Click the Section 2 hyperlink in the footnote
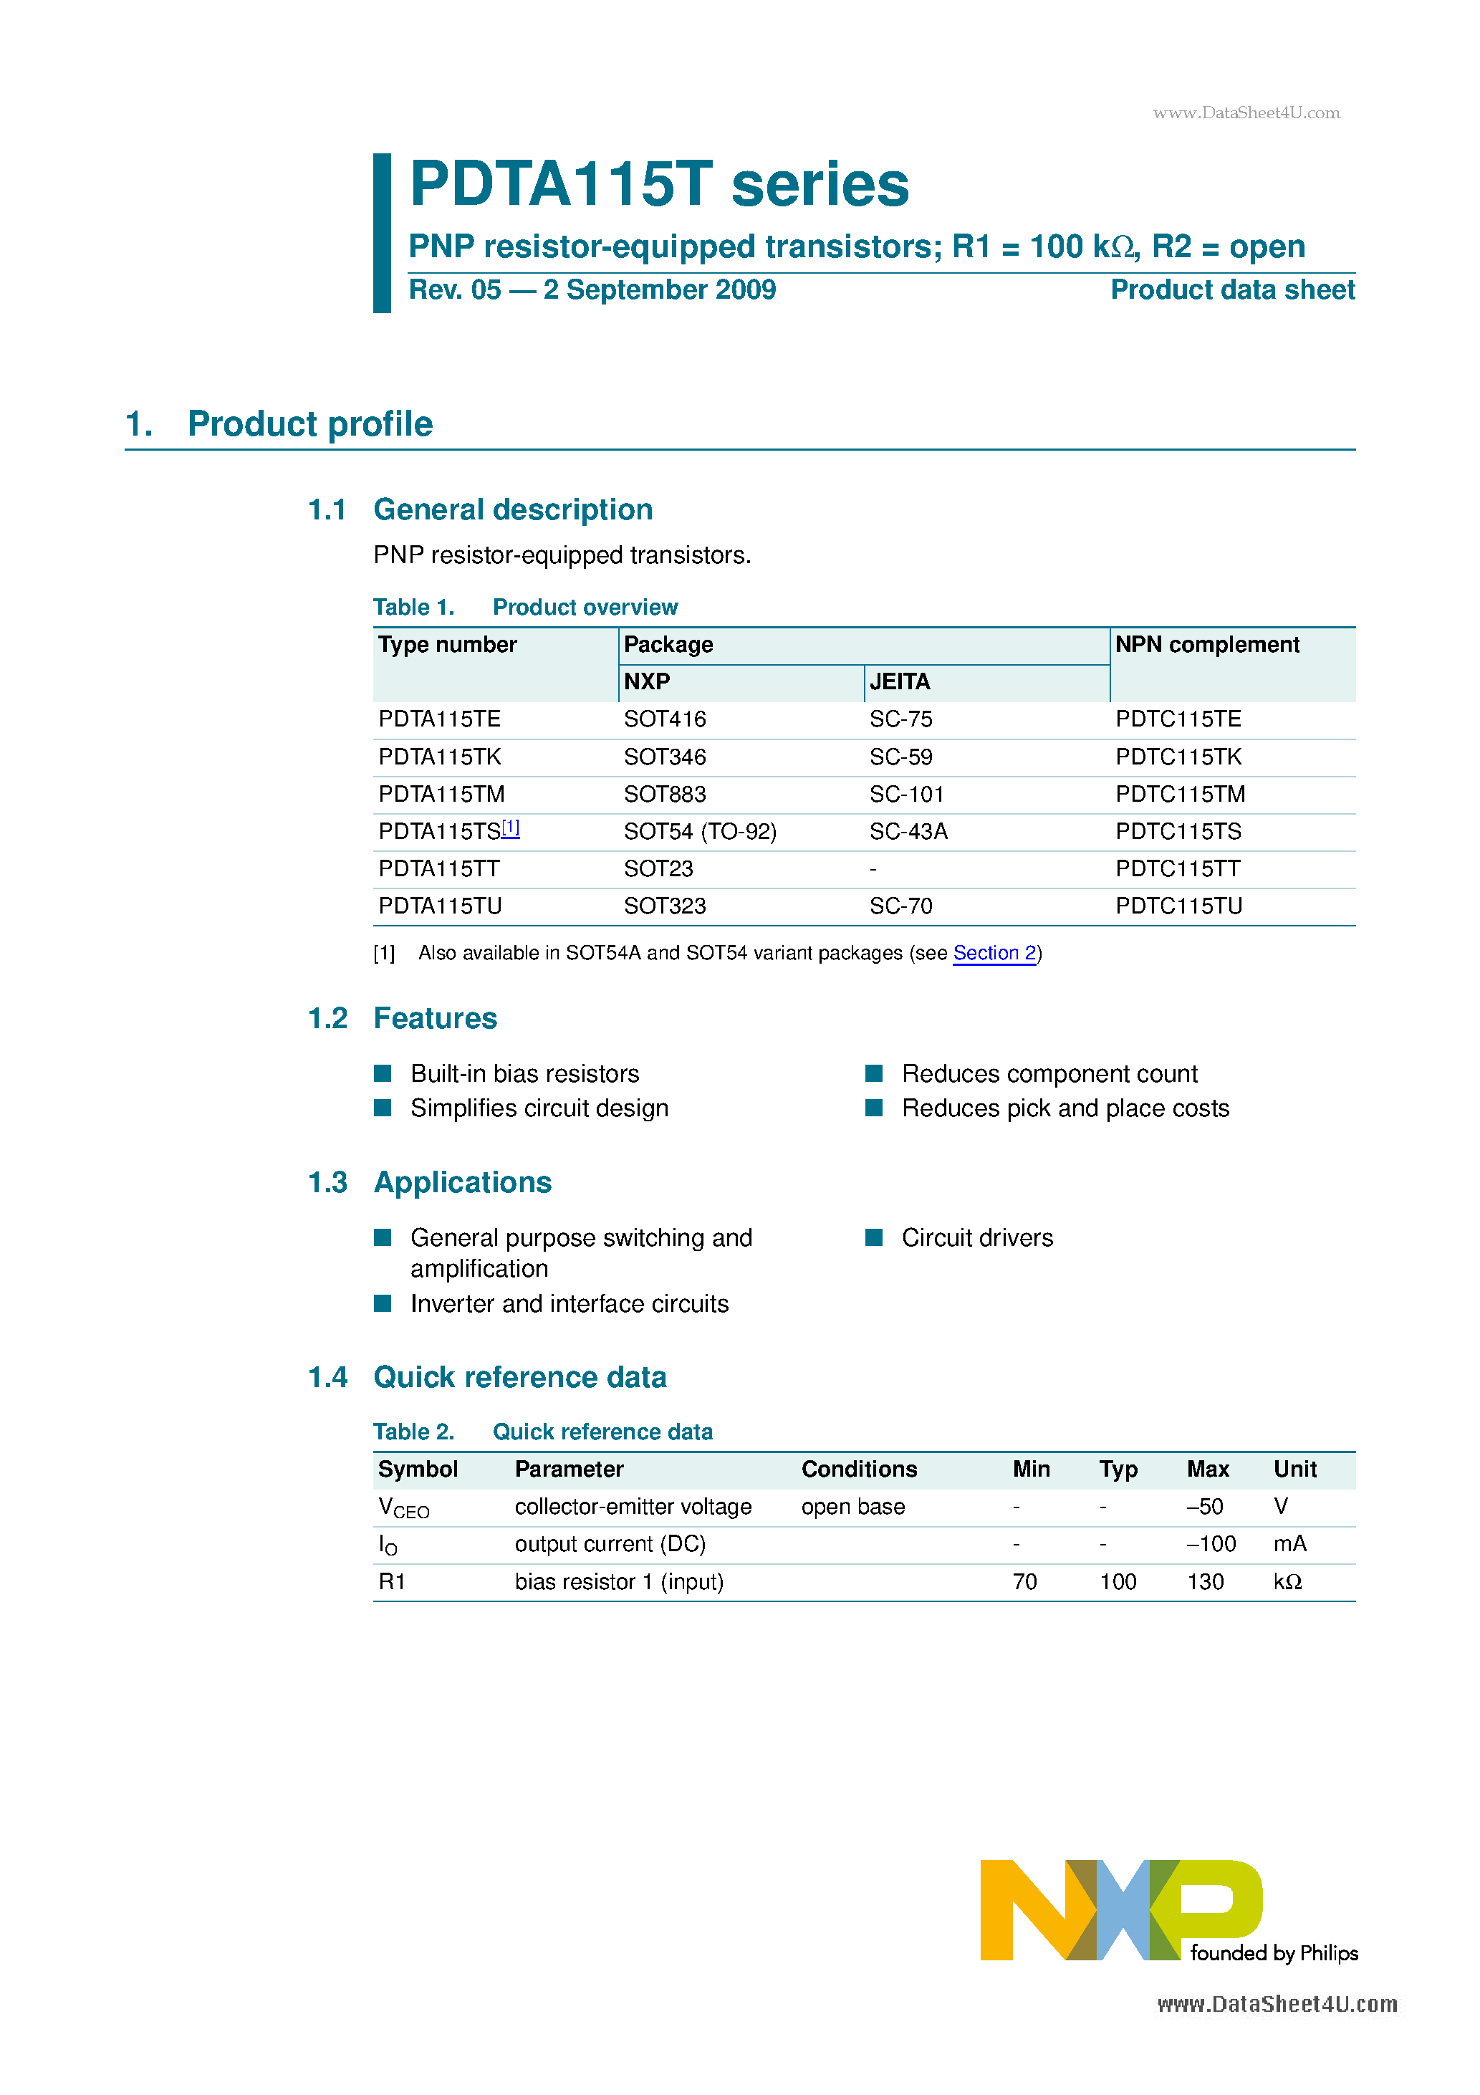(994, 953)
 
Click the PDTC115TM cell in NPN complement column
(1179, 794)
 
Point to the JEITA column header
(899, 681)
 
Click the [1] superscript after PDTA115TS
(510, 828)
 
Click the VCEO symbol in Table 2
(403, 1507)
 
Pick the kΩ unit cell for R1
(1287, 1581)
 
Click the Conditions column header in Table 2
(859, 1469)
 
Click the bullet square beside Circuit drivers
(873, 1237)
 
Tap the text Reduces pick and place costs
(1065, 1108)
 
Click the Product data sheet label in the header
(1232, 290)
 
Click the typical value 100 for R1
(1117, 1581)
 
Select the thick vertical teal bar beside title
(381, 233)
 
